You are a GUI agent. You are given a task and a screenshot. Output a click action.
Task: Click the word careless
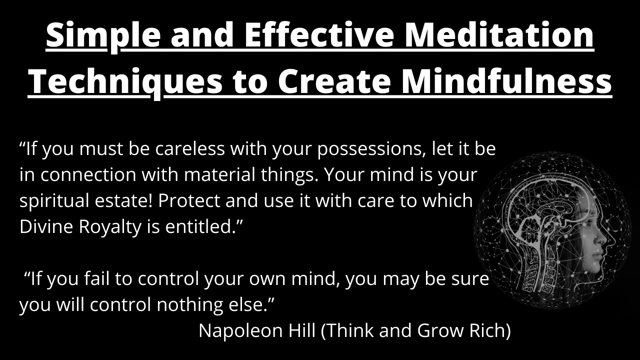pyautogui.click(x=190, y=148)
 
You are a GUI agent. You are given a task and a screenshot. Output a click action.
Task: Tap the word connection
pyautogui.click(x=88, y=174)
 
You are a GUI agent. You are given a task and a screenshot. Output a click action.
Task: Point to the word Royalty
pyautogui.click(x=110, y=227)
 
